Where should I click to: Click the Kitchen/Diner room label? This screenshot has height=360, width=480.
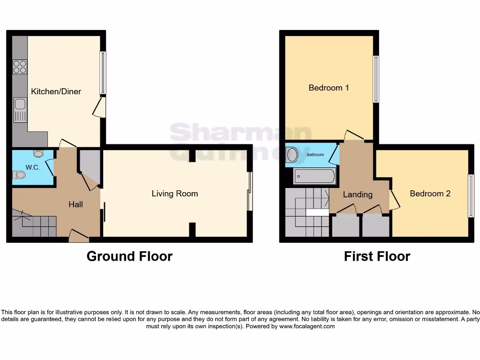coord(56,91)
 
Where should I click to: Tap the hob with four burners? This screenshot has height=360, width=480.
coord(20,67)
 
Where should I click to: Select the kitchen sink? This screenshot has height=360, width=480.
coord(20,110)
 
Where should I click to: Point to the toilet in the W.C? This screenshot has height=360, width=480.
coord(20,175)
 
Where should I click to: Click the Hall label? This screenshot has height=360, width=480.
coord(76,204)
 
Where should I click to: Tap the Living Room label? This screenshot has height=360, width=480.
coord(174,194)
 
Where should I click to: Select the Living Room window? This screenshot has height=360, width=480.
coord(250,191)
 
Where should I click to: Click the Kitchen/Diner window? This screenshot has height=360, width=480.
coord(103,73)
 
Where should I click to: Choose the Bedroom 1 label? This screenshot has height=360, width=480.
coord(329,88)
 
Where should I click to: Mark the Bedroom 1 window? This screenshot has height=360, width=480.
coord(375,79)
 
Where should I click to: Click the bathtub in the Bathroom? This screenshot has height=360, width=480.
coord(314,177)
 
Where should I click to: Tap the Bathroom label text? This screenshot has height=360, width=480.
coord(315,155)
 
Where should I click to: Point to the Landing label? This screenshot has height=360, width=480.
coord(358,195)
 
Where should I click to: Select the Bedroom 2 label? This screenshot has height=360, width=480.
coord(430,193)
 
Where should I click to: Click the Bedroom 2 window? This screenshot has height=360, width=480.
coord(471,195)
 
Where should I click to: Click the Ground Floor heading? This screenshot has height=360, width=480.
coord(129,256)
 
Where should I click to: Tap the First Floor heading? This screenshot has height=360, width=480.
coord(377,256)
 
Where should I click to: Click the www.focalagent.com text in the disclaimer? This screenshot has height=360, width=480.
coord(307,326)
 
